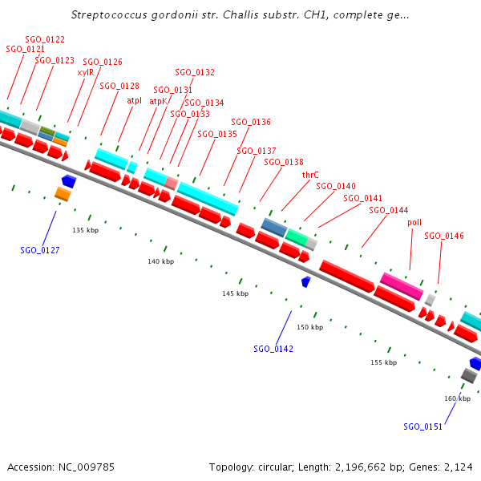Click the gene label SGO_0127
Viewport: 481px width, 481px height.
tap(40, 250)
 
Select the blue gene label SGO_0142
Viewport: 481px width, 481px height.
tap(273, 349)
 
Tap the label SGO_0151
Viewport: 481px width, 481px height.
tap(422, 426)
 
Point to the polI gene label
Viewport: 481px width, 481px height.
tap(414, 222)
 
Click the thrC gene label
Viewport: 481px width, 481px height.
tap(310, 174)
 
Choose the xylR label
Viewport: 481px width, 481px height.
tap(85, 72)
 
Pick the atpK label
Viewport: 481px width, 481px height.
tap(158, 102)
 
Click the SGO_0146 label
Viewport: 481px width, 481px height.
tap(444, 236)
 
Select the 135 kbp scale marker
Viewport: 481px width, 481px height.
tap(85, 230)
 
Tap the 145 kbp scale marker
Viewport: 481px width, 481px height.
tap(236, 294)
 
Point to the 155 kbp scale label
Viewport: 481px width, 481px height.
tap(383, 362)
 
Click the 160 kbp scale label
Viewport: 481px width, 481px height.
tap(457, 398)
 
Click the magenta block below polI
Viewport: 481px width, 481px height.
tap(401, 285)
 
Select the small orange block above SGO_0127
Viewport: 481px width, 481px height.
tap(63, 194)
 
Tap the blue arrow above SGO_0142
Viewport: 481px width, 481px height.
tap(305, 281)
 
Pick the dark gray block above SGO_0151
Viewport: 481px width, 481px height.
tap(469, 375)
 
